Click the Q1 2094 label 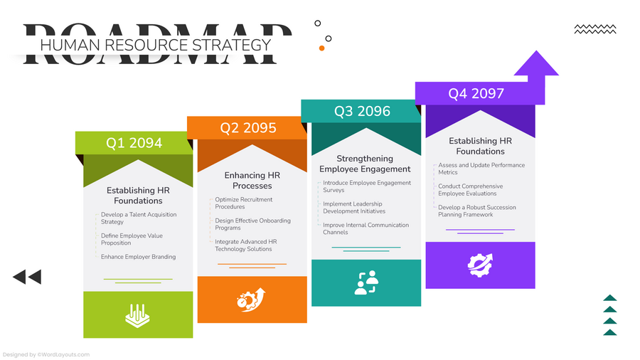[x=134, y=143]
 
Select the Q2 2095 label [x=247, y=128]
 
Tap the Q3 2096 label [x=363, y=111]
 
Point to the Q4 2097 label [x=476, y=93]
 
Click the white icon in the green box [x=137, y=315]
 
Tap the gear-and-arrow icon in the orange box [x=251, y=300]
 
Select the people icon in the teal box [x=366, y=282]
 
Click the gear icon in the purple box [x=480, y=265]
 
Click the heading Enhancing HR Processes [x=252, y=181]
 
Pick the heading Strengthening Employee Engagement [x=365, y=164]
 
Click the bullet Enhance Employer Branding [x=138, y=257]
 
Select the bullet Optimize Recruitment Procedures [x=244, y=203]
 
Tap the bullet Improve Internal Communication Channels [x=366, y=228]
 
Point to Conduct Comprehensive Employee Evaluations [x=470, y=190]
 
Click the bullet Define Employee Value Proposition [x=132, y=239]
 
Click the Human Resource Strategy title [x=156, y=45]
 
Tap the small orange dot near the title [x=321, y=48]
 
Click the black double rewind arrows [x=27, y=277]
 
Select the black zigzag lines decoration [x=594, y=29]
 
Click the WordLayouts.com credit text [x=46, y=354]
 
